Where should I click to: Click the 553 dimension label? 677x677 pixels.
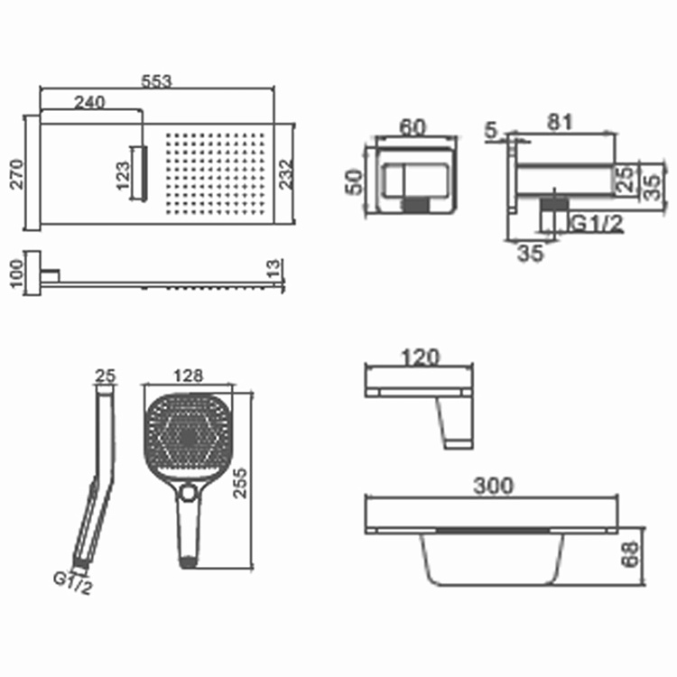click(x=157, y=80)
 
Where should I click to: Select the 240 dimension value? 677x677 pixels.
click(x=89, y=102)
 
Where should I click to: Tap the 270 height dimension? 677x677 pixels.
click(x=17, y=174)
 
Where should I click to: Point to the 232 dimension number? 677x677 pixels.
click(x=286, y=174)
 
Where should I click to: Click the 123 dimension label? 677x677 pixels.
click(x=123, y=175)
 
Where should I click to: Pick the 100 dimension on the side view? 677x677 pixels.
click(x=16, y=274)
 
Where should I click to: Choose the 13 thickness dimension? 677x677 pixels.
click(x=274, y=269)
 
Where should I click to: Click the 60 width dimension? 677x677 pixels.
click(x=413, y=127)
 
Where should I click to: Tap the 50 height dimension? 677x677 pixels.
click(x=354, y=182)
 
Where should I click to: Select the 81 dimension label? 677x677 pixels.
click(x=560, y=122)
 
